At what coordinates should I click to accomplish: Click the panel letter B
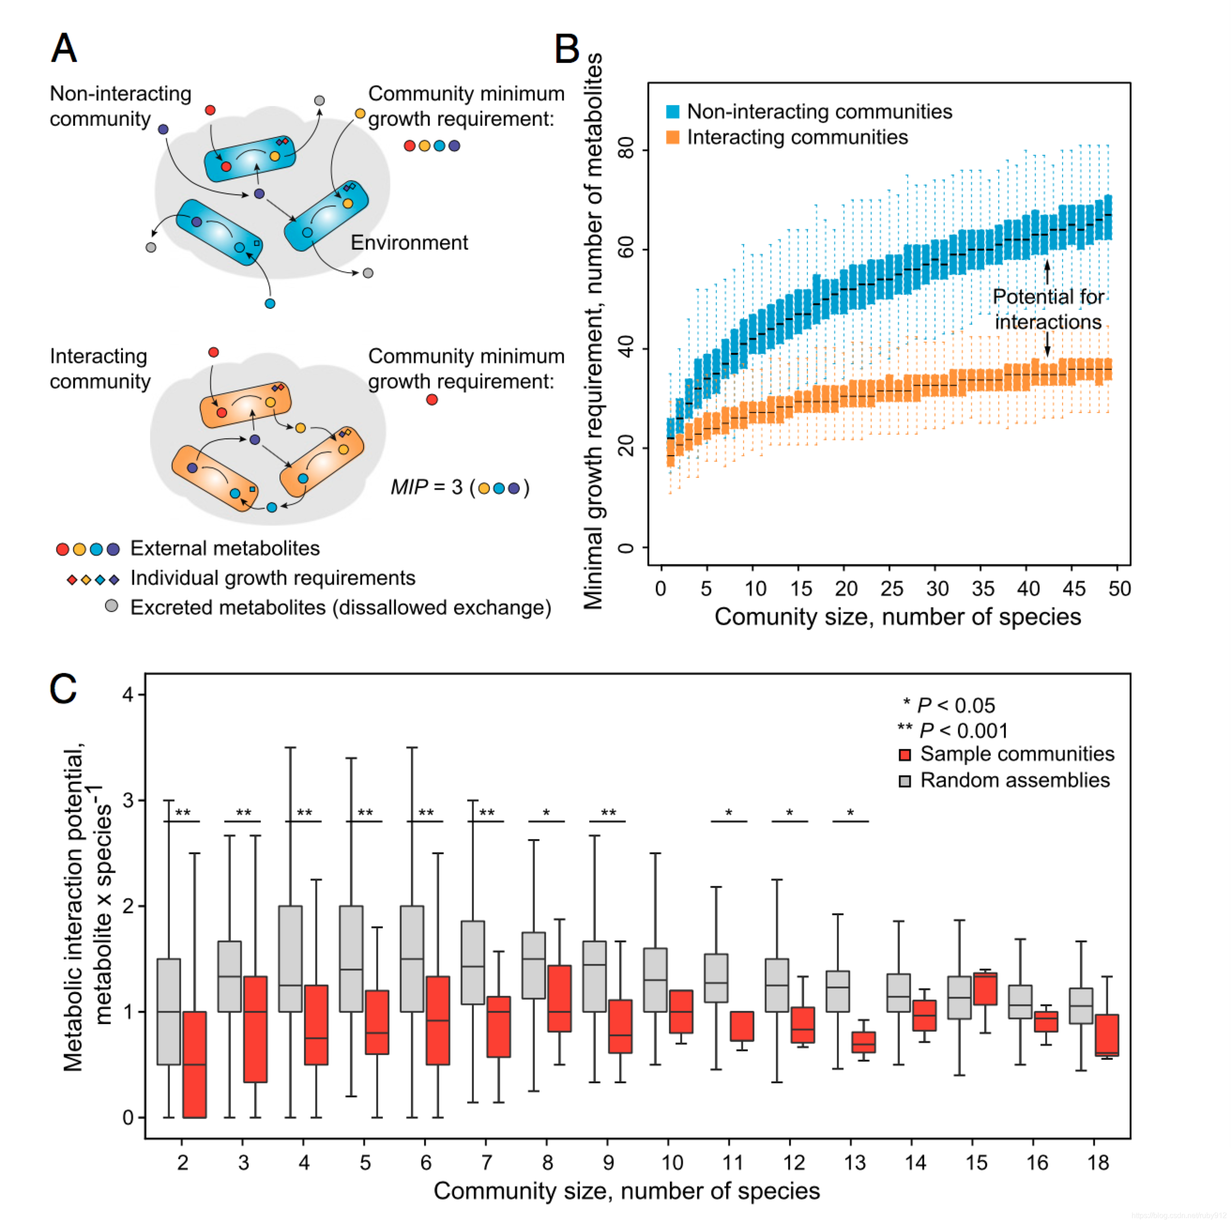coord(566,49)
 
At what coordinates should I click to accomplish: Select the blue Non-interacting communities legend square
coord(672,112)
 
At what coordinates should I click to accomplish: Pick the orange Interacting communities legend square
coord(672,137)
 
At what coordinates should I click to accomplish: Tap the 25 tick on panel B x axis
coord(891,588)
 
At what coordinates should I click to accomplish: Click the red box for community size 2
coord(194,1064)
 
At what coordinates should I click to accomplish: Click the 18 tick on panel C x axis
coord(1098,1162)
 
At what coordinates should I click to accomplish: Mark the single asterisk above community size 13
coord(850,812)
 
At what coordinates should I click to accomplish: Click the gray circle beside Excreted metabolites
coord(112,605)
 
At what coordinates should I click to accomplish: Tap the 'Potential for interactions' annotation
coord(1048,309)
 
